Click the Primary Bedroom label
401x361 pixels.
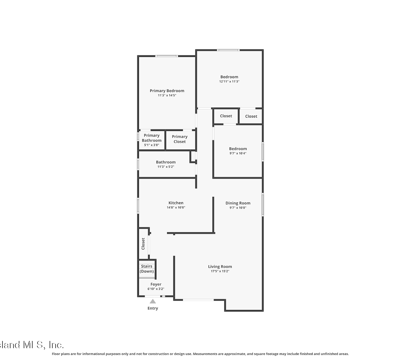(167, 91)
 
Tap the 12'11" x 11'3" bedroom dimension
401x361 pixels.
(229, 81)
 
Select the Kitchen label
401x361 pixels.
(176, 203)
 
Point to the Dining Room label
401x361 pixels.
(238, 203)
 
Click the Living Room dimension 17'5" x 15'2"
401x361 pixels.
(220, 271)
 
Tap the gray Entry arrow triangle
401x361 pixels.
(153, 301)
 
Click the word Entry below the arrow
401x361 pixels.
(153, 308)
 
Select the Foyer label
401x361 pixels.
(156, 284)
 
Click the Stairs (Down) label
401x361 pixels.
(146, 268)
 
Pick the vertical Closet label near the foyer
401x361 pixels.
(143, 244)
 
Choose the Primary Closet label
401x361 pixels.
(179, 139)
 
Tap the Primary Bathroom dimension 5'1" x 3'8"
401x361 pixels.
(152, 145)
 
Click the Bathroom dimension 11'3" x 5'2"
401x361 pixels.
(166, 167)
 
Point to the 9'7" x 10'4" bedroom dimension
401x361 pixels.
(238, 153)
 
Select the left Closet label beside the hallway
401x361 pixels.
(226, 116)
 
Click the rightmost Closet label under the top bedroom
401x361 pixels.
(251, 116)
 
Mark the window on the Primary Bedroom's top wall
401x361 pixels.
(167, 56)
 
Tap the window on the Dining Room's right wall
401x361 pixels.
(263, 204)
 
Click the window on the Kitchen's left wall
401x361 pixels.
(138, 206)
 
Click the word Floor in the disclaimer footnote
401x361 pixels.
(56, 354)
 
